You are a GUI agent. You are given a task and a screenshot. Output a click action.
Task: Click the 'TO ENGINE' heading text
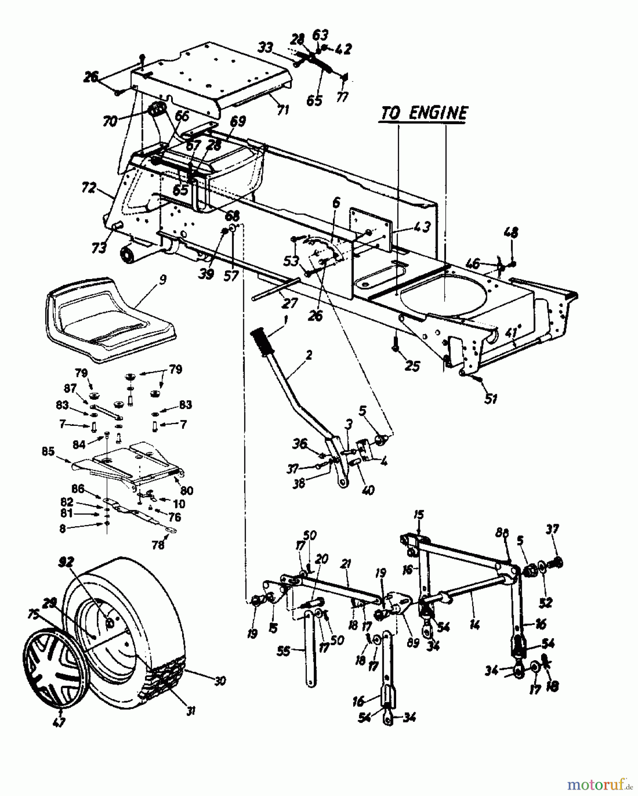424,113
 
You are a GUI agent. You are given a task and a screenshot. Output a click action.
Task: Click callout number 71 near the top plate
283,109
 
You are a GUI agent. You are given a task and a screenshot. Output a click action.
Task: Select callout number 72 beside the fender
88,188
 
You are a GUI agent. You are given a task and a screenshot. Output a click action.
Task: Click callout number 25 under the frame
412,366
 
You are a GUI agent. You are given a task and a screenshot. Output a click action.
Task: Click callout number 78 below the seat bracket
158,545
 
